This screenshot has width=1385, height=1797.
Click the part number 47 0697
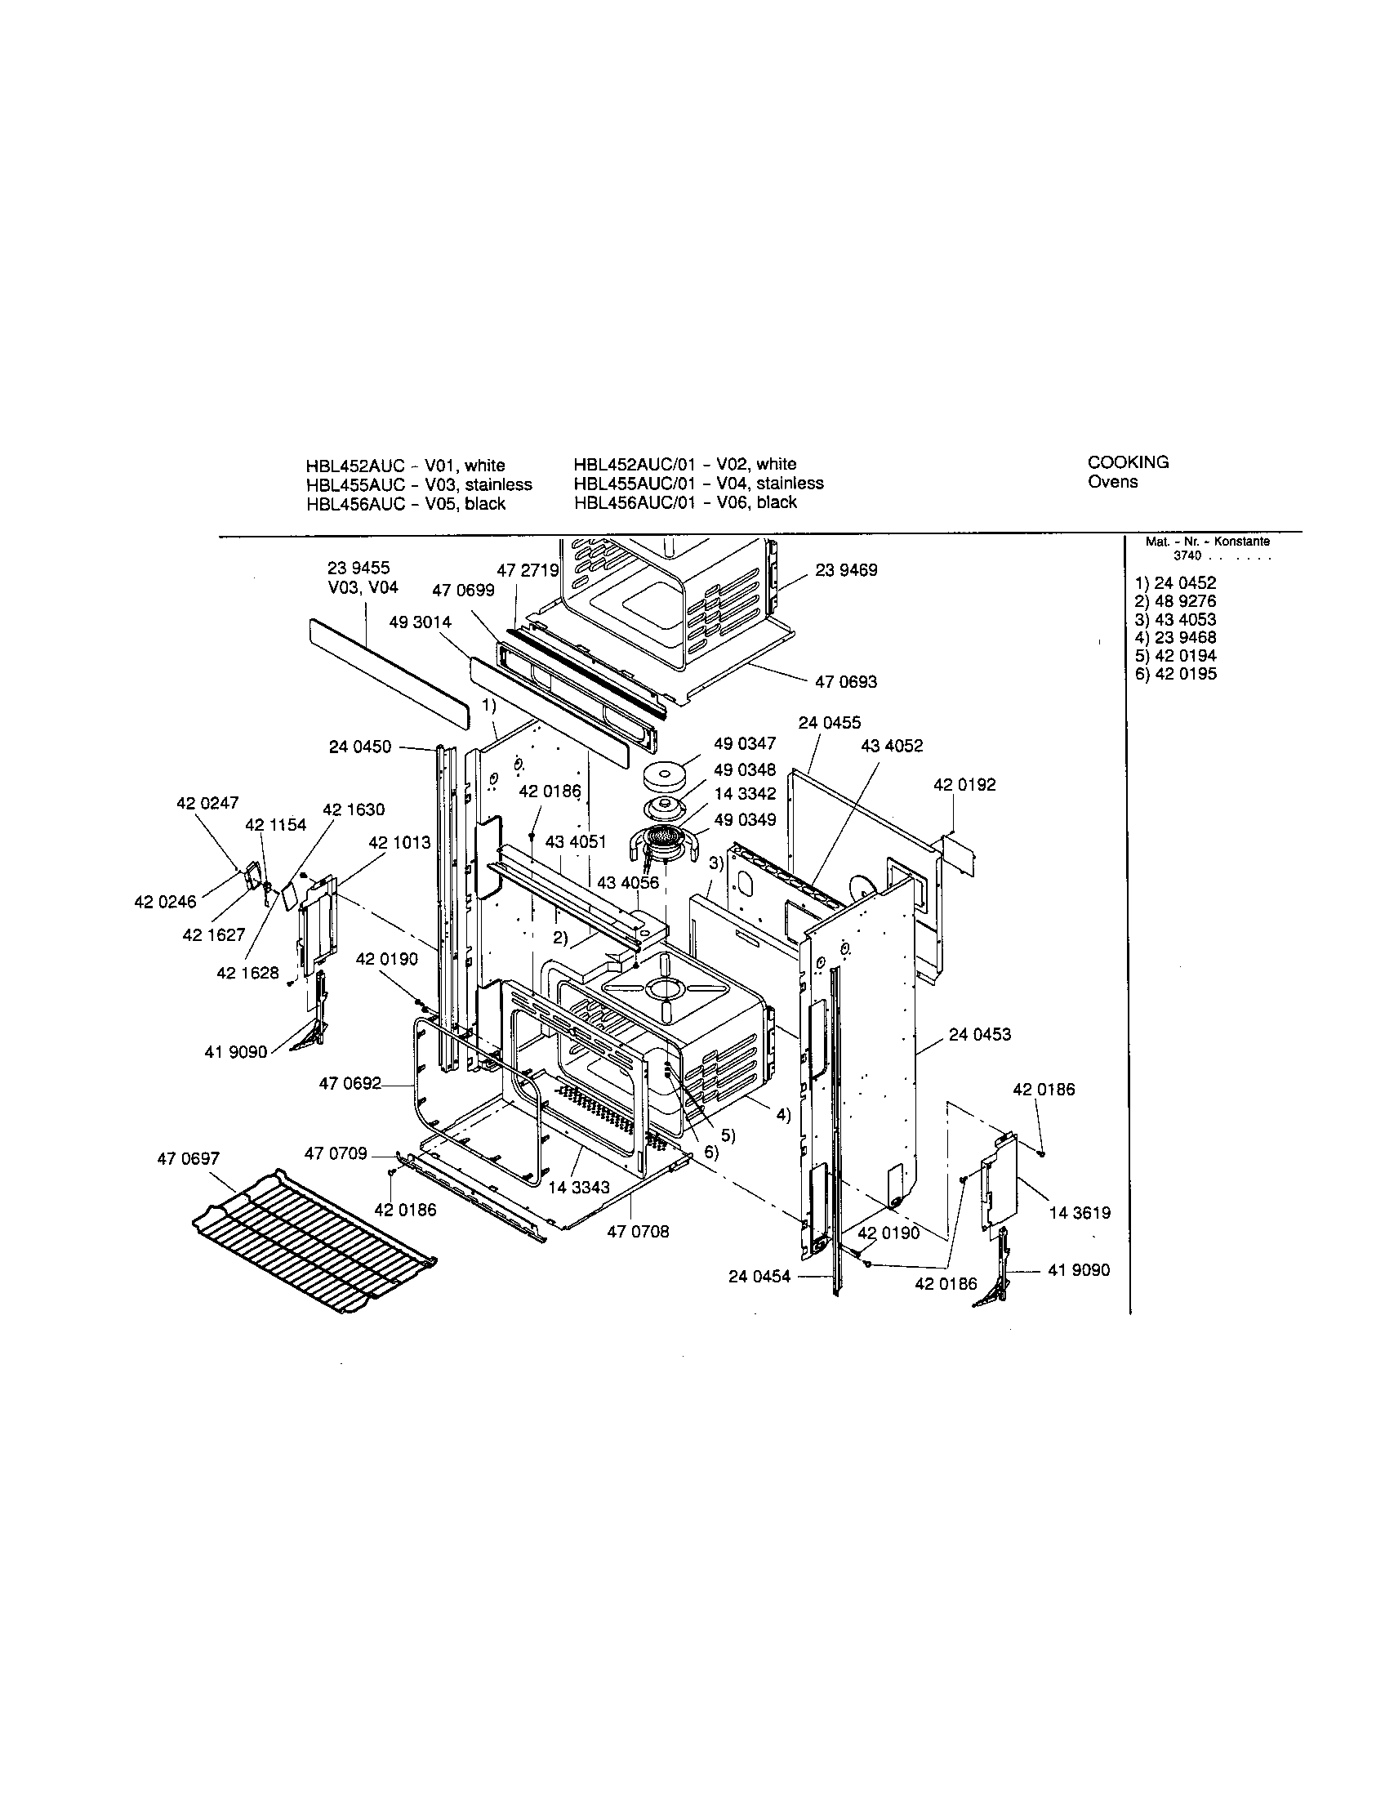189,1158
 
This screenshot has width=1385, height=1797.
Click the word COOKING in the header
1128,462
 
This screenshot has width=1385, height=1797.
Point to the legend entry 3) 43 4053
1174,620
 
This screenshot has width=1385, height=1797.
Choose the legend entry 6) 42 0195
1174,674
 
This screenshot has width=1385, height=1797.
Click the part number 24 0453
979,1034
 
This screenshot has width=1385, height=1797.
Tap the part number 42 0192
964,785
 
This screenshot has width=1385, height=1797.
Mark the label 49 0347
744,744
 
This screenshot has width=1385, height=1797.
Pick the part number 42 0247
207,802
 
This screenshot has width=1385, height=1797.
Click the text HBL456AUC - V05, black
406,503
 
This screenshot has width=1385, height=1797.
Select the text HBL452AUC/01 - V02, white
685,464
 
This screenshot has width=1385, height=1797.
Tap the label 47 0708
638,1231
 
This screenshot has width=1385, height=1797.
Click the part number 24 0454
759,1276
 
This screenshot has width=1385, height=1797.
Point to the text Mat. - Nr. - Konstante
1207,542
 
